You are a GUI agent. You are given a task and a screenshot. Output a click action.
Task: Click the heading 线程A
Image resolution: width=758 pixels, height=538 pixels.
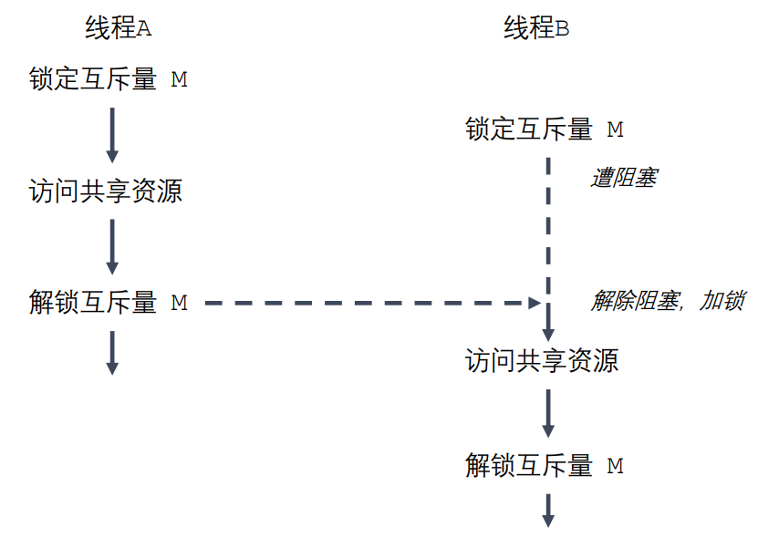(x=118, y=29)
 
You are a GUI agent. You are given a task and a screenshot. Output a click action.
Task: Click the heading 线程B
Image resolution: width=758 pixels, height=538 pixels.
(x=536, y=29)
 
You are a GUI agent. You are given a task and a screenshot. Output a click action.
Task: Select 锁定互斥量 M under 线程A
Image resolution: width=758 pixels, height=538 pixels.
(x=109, y=79)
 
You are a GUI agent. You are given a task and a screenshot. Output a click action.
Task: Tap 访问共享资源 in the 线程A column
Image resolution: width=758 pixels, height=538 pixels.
(x=106, y=191)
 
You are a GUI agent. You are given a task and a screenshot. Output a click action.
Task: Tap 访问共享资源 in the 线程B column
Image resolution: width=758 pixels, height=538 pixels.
(x=542, y=361)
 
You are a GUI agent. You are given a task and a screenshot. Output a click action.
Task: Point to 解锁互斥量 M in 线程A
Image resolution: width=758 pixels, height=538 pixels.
(x=109, y=303)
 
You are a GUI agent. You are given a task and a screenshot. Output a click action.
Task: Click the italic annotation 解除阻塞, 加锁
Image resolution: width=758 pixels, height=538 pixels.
(x=667, y=302)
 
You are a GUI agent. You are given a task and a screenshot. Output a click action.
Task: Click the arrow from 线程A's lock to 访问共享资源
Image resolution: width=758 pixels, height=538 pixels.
(x=112, y=134)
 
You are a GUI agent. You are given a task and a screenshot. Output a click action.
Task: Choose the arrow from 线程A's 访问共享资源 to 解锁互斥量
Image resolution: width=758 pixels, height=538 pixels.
(x=112, y=246)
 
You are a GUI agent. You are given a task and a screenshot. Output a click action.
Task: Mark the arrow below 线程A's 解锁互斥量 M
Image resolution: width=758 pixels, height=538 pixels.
(x=112, y=351)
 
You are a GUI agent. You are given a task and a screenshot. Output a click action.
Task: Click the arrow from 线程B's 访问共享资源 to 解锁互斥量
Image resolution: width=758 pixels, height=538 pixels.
(x=549, y=412)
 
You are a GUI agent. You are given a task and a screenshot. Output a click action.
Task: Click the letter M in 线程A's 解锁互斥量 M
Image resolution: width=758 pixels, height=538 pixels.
(x=180, y=303)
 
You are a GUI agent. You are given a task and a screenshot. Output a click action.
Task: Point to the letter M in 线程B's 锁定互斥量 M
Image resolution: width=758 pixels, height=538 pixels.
(x=616, y=129)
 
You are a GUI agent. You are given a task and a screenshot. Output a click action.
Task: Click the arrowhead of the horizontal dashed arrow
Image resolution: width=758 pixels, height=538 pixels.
(x=535, y=303)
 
